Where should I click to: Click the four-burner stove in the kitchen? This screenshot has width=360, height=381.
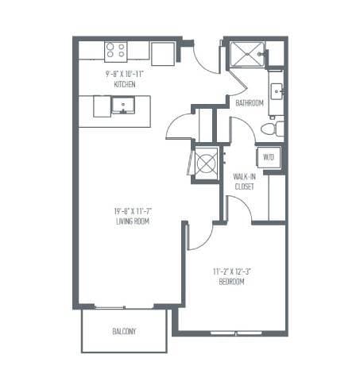coord(116,51)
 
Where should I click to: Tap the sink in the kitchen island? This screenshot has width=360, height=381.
coord(123,104)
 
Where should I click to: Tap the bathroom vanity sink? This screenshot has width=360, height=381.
coord(277,90)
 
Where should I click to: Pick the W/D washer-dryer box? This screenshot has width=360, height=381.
coord(268,156)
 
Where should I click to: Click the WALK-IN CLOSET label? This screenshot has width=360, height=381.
coord(244,182)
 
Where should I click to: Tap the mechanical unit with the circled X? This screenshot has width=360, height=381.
coord(206,164)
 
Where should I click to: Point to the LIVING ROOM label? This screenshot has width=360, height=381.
coord(132,221)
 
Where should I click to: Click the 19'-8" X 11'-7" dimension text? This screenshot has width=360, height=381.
coord(132,210)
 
